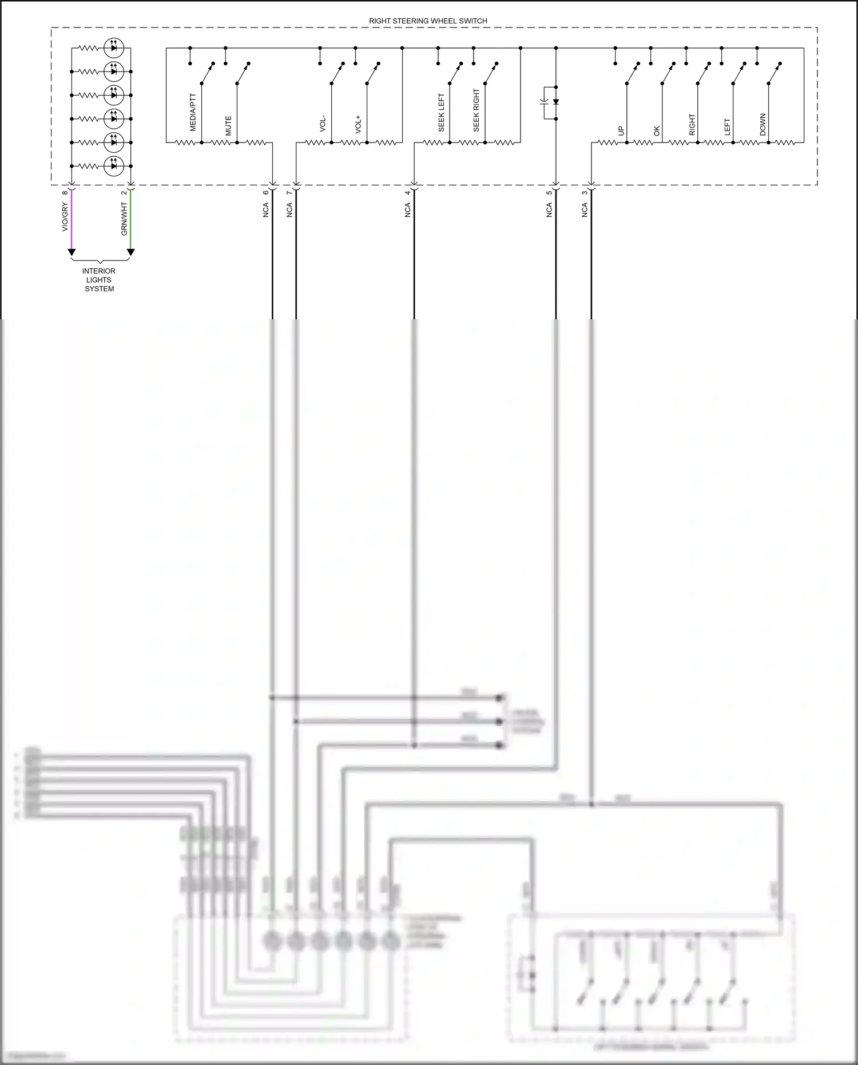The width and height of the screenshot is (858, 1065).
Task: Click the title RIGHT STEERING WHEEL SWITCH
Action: coord(428,21)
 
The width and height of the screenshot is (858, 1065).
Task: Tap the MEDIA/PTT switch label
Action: coord(193,113)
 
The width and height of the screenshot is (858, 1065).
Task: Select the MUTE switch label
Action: coord(228,126)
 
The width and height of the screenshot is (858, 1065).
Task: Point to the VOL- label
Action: coord(323,124)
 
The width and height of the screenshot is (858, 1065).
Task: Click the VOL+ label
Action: coord(358,124)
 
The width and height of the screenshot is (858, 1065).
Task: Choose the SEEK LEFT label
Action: coord(441,113)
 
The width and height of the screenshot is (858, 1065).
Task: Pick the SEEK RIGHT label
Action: coord(476,110)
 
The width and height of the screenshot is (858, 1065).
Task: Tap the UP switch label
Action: coord(621,130)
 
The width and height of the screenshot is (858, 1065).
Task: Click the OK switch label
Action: coord(657,130)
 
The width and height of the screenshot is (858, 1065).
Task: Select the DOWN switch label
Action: coord(762,125)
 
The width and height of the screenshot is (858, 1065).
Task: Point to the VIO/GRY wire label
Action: coord(65,217)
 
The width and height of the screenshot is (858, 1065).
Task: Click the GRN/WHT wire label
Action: coord(124,219)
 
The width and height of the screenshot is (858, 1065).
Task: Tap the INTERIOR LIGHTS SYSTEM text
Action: coord(99,280)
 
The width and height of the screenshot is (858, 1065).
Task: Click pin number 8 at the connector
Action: coord(65,192)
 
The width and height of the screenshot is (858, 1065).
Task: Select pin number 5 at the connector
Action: coord(549,192)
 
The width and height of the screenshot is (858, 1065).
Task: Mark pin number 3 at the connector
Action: coord(585,192)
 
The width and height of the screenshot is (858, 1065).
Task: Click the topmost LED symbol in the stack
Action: coord(114,48)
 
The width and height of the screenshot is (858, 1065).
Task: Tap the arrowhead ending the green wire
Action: coord(130,252)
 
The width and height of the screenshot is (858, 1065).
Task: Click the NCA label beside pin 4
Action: coord(408,210)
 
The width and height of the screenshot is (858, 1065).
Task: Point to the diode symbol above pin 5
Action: coord(555,102)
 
